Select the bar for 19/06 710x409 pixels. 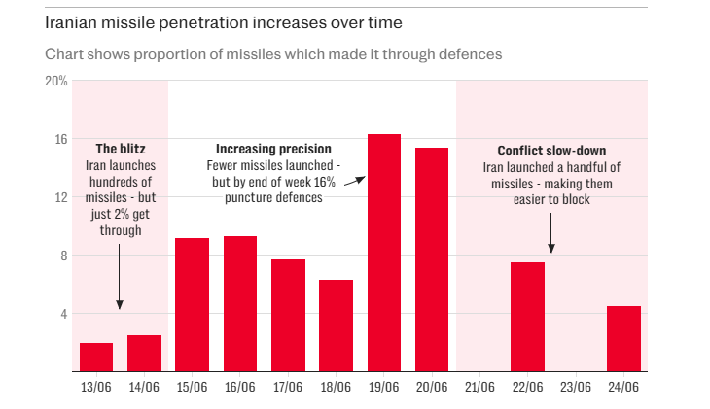coord(383,253)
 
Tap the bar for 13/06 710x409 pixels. coord(96,357)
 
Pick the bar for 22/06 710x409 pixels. coord(527,317)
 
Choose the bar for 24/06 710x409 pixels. coord(623,338)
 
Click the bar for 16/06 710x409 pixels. coord(239,303)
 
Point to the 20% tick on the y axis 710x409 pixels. coord(56,81)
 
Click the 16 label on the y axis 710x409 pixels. coord(60,139)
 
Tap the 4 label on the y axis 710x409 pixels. coord(63,314)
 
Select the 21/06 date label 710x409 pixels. coord(479,387)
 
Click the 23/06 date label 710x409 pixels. coord(575,387)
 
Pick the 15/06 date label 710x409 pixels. coord(192,387)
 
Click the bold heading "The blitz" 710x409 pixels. coord(120,150)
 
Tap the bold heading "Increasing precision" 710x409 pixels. coord(273,150)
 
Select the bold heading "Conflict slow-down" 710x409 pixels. coord(551,152)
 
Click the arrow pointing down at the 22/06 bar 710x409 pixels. coord(551,233)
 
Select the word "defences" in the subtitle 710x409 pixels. coord(470,54)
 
